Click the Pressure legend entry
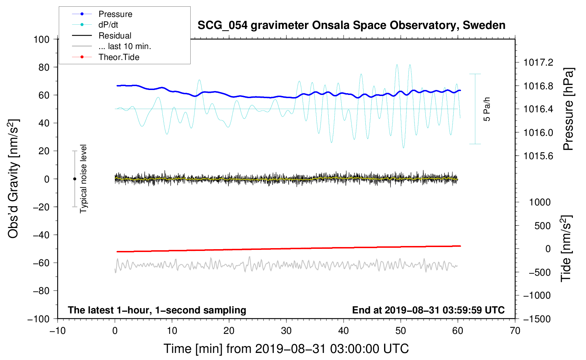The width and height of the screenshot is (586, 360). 115,14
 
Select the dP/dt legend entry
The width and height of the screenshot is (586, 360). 108,25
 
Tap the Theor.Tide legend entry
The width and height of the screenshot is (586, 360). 119,57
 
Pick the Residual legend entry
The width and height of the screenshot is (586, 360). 115,36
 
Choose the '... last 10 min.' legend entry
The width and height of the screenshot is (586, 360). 125,46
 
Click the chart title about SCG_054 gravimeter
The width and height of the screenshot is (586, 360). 351,25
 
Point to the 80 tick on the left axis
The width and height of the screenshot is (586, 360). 44,67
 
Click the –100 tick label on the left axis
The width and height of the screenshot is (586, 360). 38,319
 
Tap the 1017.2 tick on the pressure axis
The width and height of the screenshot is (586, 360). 538,62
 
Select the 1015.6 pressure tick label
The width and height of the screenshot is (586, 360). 538,156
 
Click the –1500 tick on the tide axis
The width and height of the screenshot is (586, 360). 537,319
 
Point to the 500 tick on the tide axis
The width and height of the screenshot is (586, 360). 542,226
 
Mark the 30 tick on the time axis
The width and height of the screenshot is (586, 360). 286,331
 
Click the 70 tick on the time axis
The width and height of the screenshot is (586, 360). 515,331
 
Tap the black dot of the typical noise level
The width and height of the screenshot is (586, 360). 74,179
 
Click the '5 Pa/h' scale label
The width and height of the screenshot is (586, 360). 487,109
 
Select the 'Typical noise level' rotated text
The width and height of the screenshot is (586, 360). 83,179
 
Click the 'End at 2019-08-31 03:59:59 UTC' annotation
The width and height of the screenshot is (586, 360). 428,310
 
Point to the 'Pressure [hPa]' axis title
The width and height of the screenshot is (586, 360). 568,109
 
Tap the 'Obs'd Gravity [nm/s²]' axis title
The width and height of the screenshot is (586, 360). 13,179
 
